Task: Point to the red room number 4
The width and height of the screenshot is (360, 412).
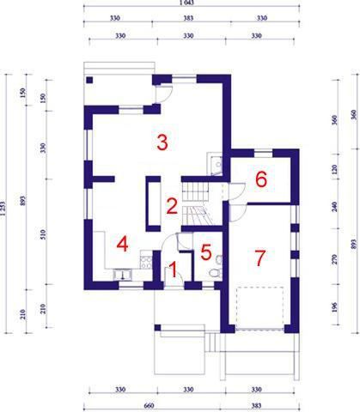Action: [x=123, y=244]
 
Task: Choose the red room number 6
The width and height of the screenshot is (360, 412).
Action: [x=261, y=179]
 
